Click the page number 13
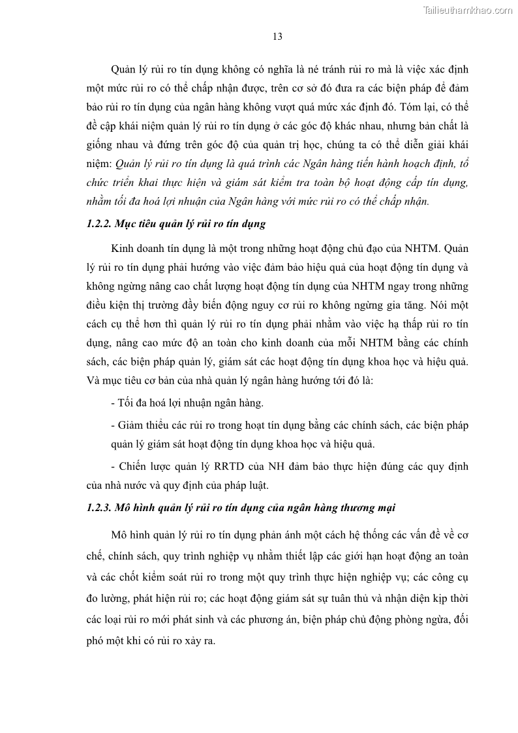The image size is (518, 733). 277,37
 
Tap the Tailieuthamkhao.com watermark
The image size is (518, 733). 468,9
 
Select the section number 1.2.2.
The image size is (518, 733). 99,225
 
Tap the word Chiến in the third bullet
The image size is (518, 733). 134,467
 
